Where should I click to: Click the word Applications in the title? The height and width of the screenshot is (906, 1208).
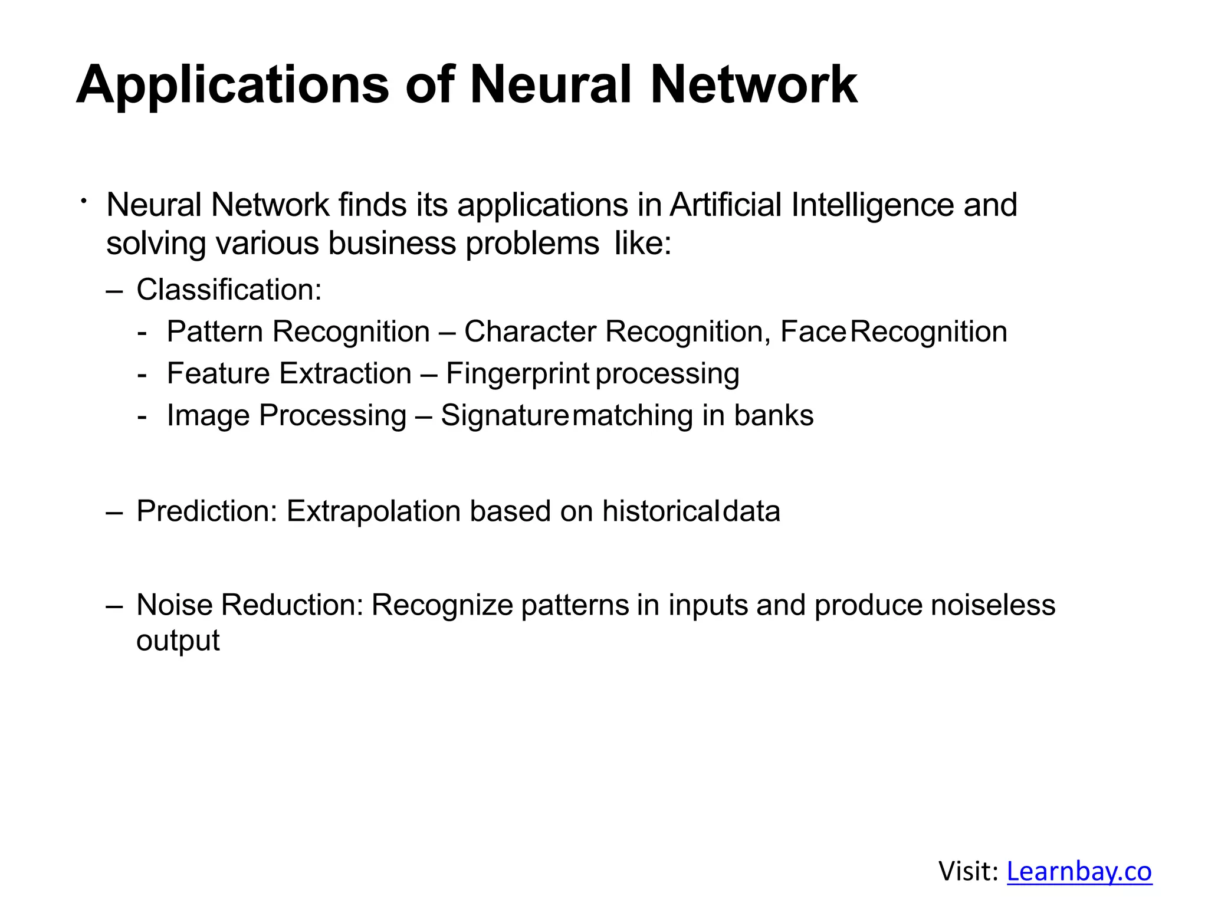232,85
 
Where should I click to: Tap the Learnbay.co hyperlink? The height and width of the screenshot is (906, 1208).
1079,871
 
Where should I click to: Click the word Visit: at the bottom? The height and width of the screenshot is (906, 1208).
968,871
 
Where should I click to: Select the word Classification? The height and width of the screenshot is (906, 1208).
229,290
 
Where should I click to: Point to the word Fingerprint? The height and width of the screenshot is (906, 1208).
517,373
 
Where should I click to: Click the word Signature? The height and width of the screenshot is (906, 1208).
504,415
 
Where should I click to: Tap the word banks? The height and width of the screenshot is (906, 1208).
773,415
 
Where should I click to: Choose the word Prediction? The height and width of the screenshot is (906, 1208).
206,511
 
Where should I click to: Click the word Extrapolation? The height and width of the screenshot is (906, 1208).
373,511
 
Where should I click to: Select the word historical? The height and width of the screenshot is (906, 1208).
660,511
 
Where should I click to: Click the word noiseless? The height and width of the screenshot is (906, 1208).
993,605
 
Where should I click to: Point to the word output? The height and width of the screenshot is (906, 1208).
178,641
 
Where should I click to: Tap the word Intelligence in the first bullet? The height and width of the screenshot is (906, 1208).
872,205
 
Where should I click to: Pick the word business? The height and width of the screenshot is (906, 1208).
392,243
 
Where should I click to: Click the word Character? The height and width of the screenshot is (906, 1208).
530,331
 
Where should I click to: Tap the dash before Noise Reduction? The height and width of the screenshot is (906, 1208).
114,606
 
